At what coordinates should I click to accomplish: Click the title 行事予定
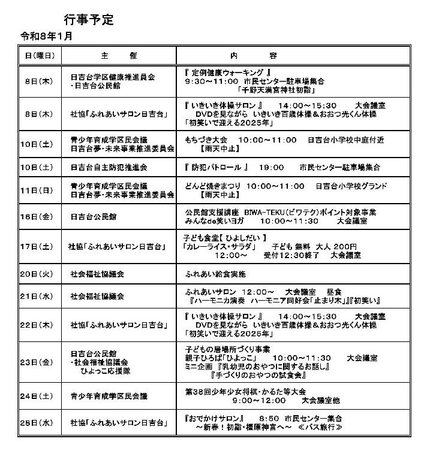(x=88, y=19)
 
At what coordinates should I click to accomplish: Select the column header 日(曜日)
(x=40, y=56)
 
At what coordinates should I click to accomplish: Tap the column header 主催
(x=119, y=56)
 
